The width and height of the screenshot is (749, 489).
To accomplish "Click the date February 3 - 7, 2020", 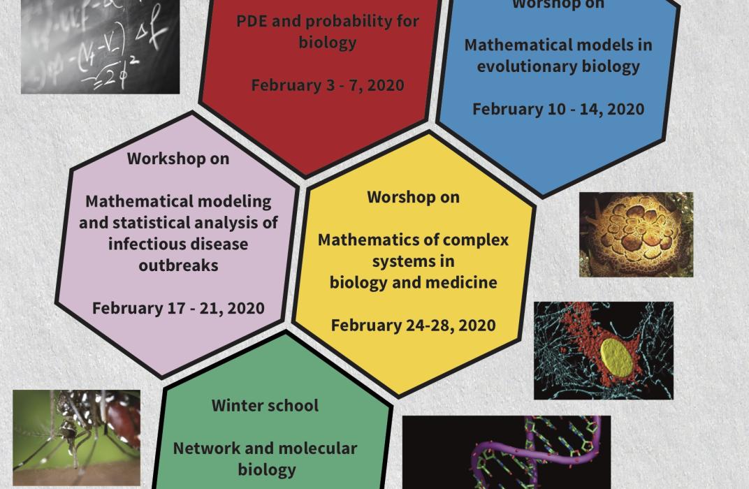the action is (x=328, y=85).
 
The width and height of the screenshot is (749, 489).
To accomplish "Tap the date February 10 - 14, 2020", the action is (x=558, y=110).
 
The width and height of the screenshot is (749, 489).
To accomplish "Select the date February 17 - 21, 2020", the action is (x=178, y=309).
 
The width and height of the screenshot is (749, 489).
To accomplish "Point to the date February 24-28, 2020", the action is (x=413, y=326).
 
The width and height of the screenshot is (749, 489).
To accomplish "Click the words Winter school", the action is (x=265, y=405).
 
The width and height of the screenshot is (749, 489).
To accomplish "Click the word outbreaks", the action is (x=178, y=265).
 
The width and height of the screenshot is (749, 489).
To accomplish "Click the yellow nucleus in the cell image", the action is (x=616, y=357).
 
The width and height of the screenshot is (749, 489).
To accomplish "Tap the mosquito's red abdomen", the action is (x=123, y=421).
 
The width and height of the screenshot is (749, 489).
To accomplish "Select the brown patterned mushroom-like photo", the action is (x=637, y=235).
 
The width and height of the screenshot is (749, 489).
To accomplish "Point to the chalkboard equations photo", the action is (x=101, y=46).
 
